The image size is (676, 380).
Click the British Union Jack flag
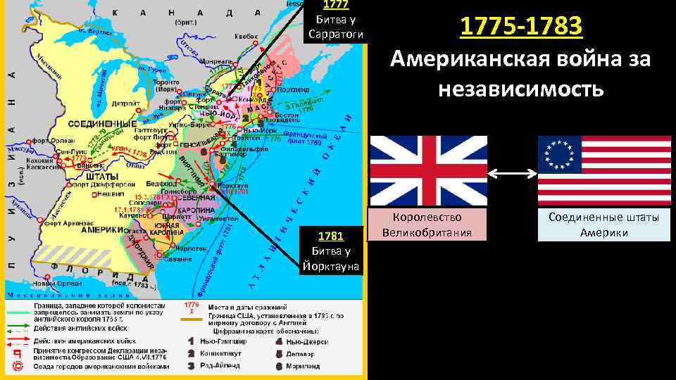click(428, 171)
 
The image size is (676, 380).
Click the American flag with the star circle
click(604, 171)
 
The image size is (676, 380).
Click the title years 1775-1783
click(521, 27)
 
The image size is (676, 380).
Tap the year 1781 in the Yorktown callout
click(331, 236)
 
